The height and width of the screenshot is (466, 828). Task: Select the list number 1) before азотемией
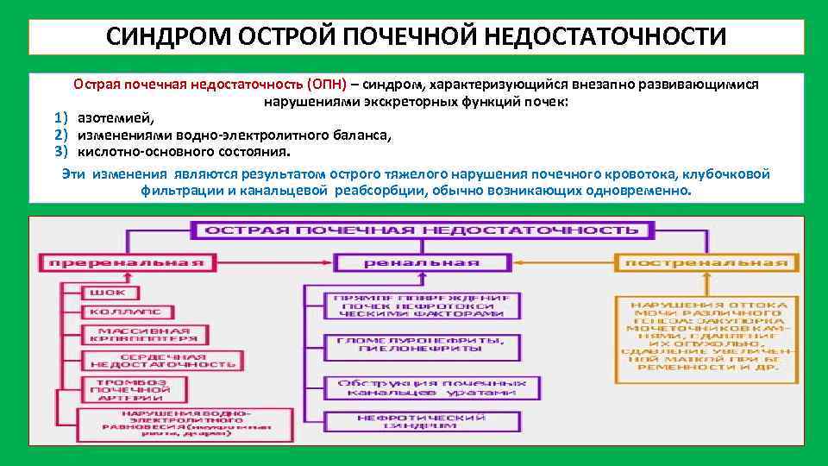click(x=60, y=118)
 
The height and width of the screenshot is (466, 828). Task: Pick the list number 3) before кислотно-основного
click(x=60, y=152)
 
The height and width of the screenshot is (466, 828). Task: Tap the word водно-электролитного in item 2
click(x=230, y=135)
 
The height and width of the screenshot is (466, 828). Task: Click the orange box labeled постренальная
click(x=706, y=261)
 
